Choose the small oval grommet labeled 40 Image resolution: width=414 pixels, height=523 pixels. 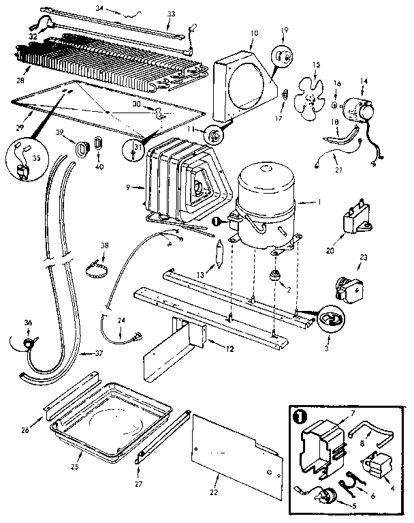tap(97, 144)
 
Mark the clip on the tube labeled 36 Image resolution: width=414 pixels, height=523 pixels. tap(28, 342)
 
